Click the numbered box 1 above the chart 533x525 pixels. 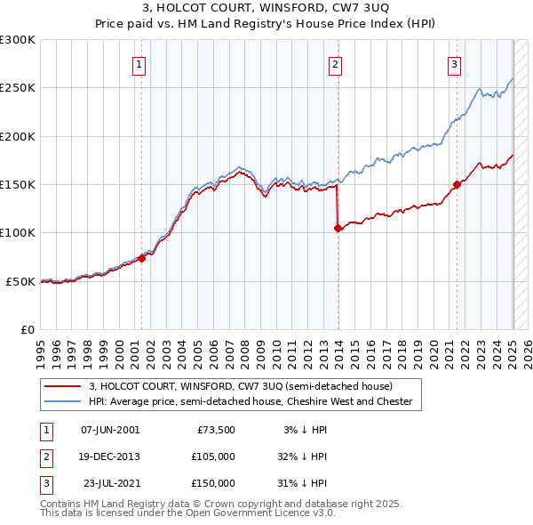click(140, 64)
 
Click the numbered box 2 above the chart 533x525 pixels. click(336, 64)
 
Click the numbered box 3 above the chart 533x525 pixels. click(454, 64)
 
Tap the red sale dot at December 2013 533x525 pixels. click(338, 229)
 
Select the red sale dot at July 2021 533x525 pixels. click(457, 185)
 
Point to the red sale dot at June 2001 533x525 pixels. click(142, 259)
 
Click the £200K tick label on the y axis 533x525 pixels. click(18, 137)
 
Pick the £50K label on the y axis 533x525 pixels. click(20, 281)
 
